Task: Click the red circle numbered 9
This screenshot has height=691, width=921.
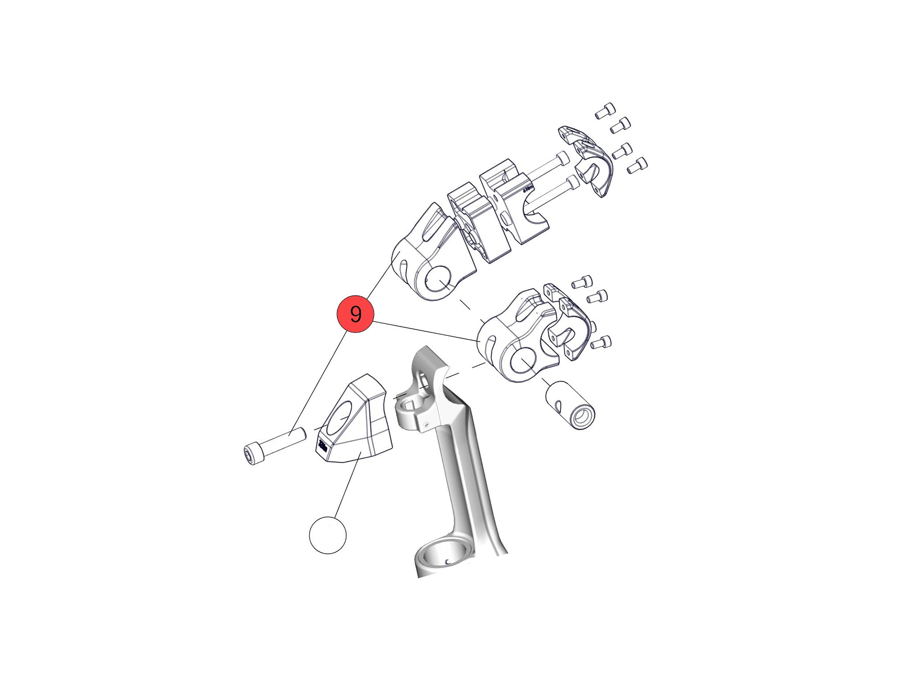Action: (x=355, y=314)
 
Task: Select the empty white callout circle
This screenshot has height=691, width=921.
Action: (x=328, y=535)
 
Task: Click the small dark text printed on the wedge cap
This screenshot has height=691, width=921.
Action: (x=323, y=445)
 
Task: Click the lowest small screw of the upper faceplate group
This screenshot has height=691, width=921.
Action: (x=638, y=165)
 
